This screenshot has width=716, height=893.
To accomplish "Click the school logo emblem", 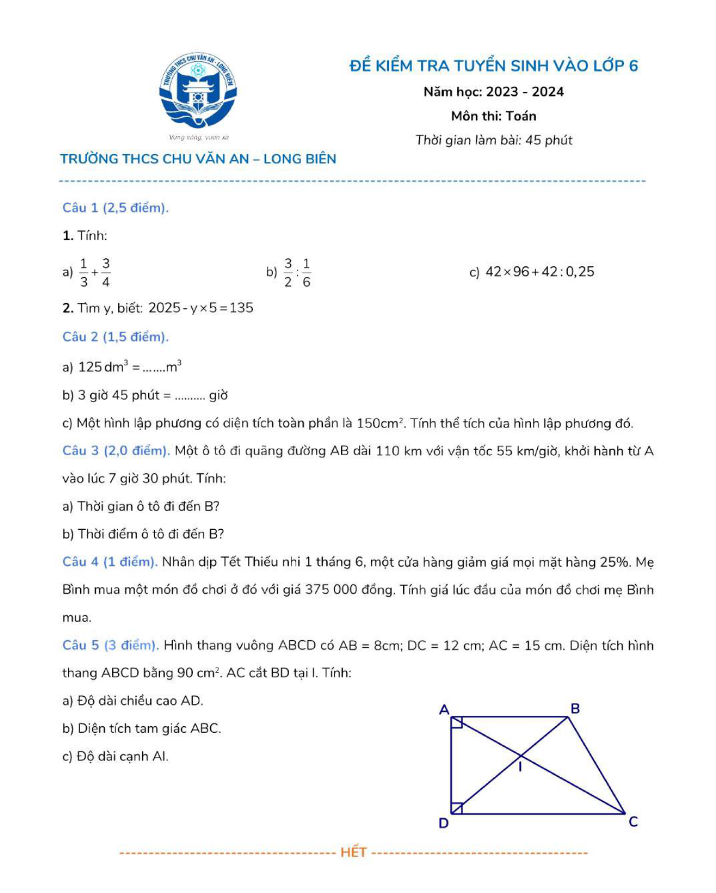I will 198,90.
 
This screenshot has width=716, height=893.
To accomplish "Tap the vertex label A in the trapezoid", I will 444,710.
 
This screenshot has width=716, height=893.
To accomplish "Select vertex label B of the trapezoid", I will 575,709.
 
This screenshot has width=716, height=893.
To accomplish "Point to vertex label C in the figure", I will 633,822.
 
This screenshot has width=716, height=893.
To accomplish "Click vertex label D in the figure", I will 444,823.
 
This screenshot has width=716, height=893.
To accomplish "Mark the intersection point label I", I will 521,767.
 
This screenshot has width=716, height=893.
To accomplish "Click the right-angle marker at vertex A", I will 456,722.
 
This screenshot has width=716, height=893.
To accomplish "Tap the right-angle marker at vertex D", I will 456,808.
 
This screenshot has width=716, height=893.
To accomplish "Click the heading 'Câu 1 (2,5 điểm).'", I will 116,208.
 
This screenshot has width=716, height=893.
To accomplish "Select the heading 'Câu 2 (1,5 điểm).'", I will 116,337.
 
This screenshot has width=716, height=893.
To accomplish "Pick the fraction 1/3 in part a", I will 84,272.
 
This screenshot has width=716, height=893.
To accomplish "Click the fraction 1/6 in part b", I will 307,272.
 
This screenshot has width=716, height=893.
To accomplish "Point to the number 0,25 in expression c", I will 580,272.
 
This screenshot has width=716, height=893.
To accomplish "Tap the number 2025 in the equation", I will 164,308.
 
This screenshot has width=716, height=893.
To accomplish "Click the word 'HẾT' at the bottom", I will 353,852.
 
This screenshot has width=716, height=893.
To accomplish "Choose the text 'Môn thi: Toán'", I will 493,116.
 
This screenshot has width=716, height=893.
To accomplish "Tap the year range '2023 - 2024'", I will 525,92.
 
